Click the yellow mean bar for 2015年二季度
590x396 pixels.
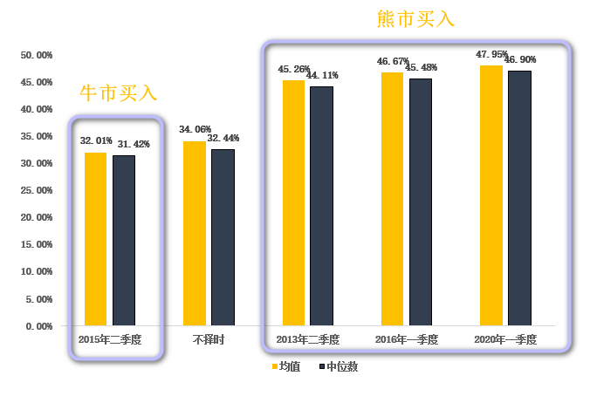[96, 238]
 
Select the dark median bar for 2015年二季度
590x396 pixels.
[124, 240]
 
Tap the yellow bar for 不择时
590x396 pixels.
[195, 233]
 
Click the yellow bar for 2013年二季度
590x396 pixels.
[294, 202]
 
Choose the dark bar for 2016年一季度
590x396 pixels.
[421, 201]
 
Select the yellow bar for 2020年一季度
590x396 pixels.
[491, 195]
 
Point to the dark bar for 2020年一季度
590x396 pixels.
[519, 198]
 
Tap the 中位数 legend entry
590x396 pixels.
[338, 366]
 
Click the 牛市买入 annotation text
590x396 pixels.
[118, 92]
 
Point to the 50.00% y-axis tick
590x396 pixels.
[37, 55]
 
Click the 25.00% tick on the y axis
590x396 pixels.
[37, 190]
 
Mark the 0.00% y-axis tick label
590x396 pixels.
[39, 326]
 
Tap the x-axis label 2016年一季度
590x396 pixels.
[406, 339]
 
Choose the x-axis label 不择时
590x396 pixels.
[209, 339]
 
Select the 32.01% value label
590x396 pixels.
[96, 140]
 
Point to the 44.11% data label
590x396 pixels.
[322, 76]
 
